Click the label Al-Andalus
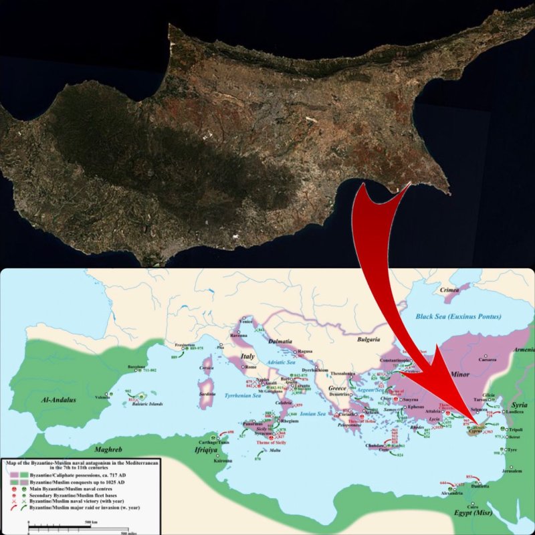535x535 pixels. pos(58,399)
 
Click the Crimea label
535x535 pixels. pos(449,291)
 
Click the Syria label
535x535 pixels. pos(520,405)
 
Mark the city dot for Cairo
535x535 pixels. pos(473,502)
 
